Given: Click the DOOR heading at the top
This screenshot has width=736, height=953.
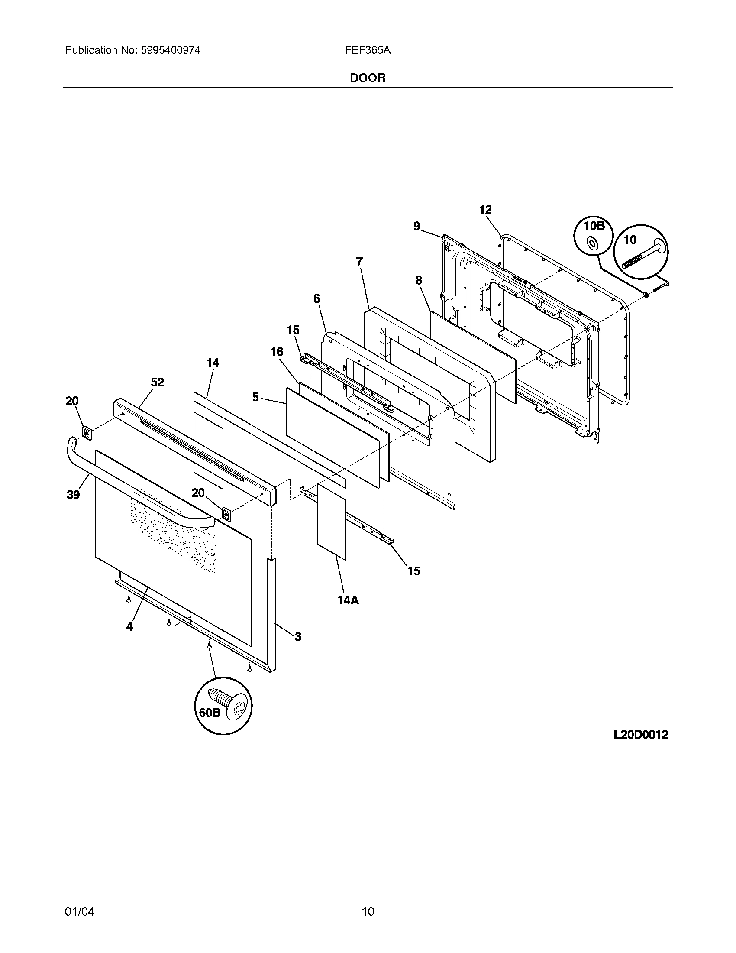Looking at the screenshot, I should click(368, 78).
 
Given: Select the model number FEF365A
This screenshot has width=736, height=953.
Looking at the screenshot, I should click(368, 50).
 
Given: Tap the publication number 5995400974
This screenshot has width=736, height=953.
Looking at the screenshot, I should click(170, 50).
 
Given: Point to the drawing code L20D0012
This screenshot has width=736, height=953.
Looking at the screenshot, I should click(640, 735).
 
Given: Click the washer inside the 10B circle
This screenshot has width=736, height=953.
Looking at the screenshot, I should click(593, 243).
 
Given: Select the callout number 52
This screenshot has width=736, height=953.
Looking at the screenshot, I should click(158, 382).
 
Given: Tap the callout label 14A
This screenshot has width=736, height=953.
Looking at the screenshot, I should click(348, 600).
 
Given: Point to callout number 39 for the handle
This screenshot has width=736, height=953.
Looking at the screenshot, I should click(73, 495).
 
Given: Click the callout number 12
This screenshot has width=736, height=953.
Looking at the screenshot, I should click(485, 210).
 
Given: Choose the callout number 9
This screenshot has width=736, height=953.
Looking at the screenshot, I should click(417, 226).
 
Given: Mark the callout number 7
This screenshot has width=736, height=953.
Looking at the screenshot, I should click(359, 261).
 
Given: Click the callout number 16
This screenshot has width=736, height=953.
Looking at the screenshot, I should click(277, 352).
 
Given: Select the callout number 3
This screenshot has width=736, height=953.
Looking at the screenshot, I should click(298, 637).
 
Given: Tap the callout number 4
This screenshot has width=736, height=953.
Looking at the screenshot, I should click(129, 627).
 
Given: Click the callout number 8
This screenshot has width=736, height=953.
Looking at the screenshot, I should click(419, 280).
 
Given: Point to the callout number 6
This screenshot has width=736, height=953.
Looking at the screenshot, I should click(316, 298).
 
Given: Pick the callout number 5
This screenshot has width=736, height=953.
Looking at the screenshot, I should click(255, 397).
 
